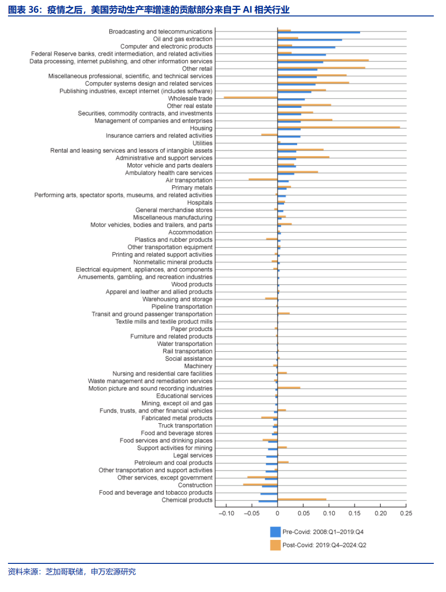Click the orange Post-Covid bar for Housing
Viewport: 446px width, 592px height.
click(x=338, y=127)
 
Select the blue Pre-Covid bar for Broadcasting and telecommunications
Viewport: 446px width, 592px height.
click(x=319, y=32)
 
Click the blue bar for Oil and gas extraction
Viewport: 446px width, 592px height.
click(x=310, y=40)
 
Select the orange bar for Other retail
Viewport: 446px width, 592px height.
click(x=321, y=68)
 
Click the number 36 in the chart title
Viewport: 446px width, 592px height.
click(x=34, y=10)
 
